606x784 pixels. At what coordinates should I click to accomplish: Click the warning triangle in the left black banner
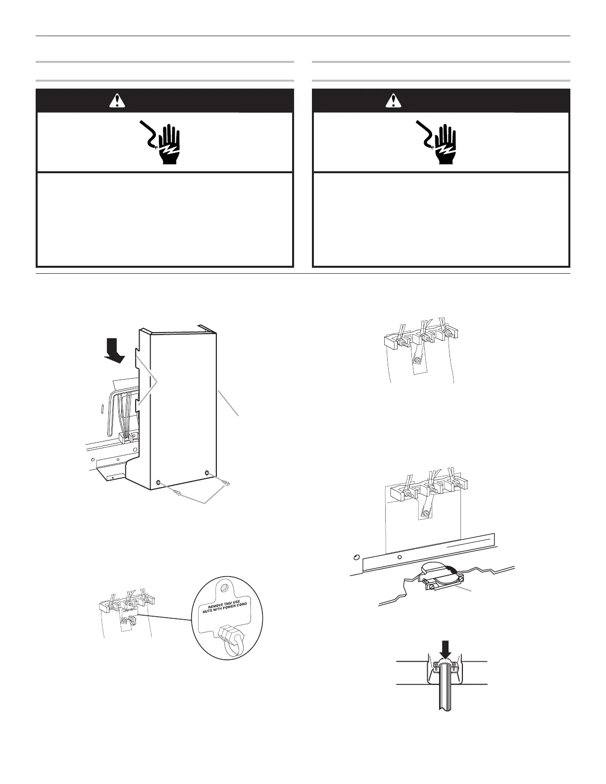pyautogui.click(x=117, y=101)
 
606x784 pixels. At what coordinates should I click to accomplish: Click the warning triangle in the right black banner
pyautogui.click(x=394, y=101)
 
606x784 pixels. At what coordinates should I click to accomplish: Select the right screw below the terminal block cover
pyautogui.click(x=226, y=482)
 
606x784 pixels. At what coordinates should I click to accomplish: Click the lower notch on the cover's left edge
pyautogui.click(x=136, y=406)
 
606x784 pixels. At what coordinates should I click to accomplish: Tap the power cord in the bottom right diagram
pyautogui.click(x=446, y=693)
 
